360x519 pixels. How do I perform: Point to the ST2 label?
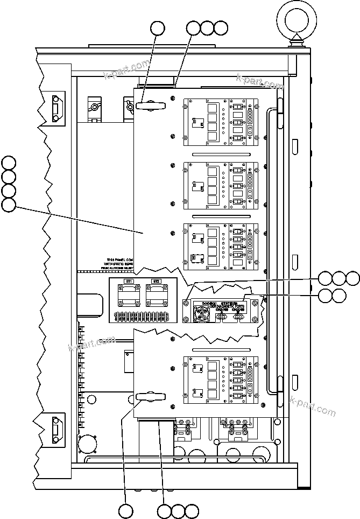tap(156, 282)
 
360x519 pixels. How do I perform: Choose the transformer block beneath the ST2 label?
tap(156, 297)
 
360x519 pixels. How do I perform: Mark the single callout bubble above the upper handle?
tap(157, 28)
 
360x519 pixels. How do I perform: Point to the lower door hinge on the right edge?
tap(279, 392)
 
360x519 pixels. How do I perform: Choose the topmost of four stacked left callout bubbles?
tap(9, 163)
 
